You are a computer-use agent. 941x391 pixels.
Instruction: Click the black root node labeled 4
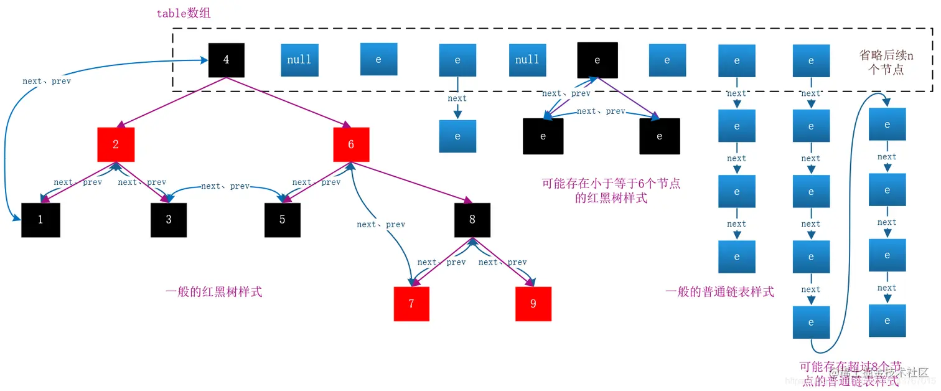click(226, 60)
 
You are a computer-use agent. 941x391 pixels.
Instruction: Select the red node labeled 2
click(116, 144)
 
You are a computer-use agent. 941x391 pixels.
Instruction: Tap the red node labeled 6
click(351, 144)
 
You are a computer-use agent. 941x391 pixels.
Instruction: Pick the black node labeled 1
click(40, 220)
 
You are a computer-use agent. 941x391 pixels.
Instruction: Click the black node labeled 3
click(169, 220)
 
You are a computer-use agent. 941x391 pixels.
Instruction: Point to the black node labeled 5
click(282, 220)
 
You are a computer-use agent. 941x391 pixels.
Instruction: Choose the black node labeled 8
click(472, 220)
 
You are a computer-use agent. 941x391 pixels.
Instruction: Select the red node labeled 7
click(411, 304)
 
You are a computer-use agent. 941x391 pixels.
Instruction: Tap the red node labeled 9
click(533, 304)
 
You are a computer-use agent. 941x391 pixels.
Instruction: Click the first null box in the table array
click(299, 60)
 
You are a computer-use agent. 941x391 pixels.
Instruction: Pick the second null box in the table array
click(527, 60)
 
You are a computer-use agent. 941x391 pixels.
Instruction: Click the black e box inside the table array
click(597, 60)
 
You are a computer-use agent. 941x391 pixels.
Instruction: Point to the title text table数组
click(184, 13)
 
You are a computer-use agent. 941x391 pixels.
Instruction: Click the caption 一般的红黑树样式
click(213, 291)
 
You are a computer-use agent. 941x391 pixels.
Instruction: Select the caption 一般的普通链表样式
click(719, 291)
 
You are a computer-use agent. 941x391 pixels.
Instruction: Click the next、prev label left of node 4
click(47, 82)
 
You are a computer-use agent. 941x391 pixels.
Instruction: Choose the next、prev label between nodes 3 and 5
click(225, 186)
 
